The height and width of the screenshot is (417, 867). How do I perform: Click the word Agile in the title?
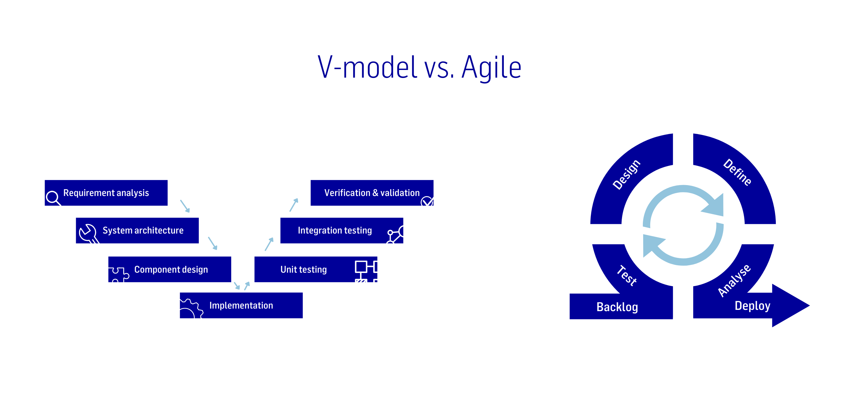[491, 67]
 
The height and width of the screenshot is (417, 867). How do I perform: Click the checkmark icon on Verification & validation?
[427, 201]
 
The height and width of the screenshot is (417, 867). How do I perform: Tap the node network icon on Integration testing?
[396, 235]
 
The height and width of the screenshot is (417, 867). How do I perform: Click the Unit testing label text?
[303, 270]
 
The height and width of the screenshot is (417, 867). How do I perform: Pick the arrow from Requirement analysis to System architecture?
[185, 206]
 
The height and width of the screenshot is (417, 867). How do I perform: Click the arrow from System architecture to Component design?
[213, 243]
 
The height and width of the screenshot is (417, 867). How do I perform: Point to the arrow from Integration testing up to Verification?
[294, 205]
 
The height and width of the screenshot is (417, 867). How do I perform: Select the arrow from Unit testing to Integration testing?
[269, 244]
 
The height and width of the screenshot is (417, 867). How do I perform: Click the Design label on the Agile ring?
[626, 174]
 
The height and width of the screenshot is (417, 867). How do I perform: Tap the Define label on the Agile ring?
[737, 172]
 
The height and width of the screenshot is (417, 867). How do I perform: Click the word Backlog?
[617, 307]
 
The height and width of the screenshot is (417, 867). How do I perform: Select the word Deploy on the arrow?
[752, 306]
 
